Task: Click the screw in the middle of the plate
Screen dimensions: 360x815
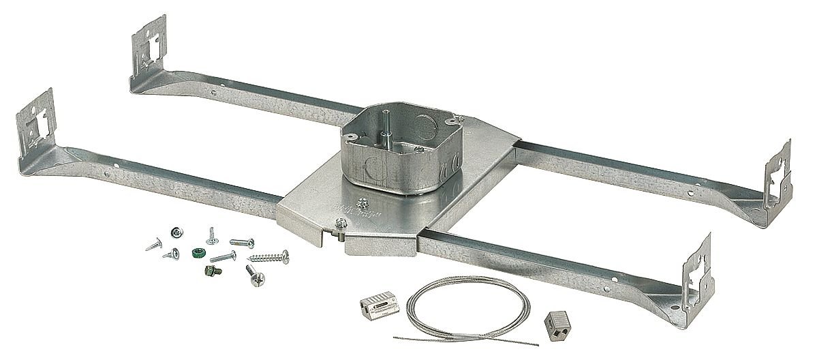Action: [363, 201]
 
